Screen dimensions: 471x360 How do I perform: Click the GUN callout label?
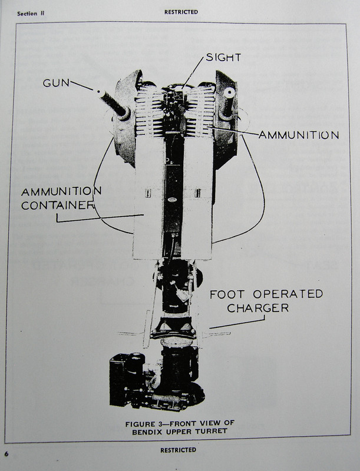click(55, 82)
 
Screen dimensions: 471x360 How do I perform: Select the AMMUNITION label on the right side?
click(298, 135)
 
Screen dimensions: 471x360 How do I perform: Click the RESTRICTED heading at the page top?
click(181, 12)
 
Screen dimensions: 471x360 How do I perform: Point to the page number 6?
click(6, 453)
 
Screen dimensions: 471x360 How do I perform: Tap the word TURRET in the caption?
click(211, 432)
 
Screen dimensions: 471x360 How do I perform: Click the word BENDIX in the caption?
click(153, 432)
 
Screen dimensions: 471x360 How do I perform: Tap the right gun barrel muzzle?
click(229, 92)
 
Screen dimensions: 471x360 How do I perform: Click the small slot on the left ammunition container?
click(150, 193)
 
